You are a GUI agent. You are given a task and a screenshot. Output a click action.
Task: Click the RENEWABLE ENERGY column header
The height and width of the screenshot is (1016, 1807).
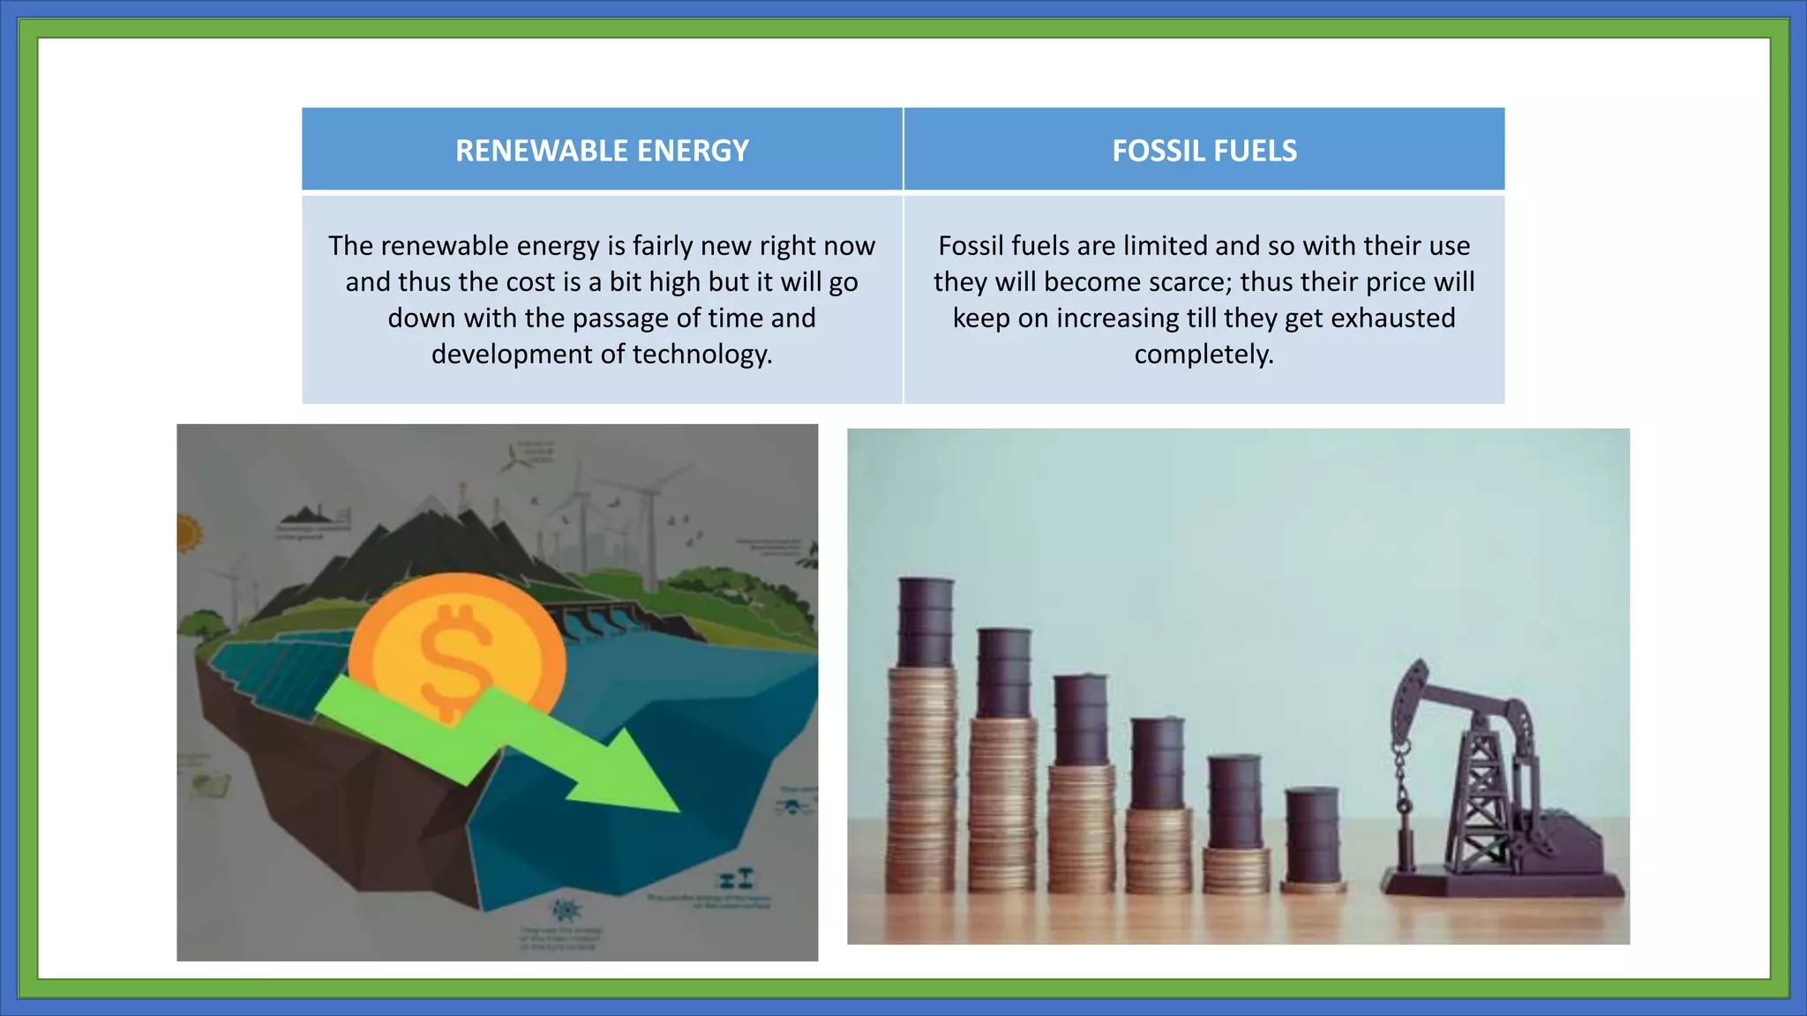(602, 151)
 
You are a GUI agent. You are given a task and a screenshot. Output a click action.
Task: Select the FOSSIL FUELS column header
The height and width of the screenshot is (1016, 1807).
(1204, 151)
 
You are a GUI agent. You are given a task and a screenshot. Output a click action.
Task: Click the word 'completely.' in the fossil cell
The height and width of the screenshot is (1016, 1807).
(1204, 355)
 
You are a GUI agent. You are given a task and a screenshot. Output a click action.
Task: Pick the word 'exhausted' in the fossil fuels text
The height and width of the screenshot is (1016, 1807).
(1393, 318)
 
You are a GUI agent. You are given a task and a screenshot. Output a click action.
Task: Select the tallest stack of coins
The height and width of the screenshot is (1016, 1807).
(922, 767)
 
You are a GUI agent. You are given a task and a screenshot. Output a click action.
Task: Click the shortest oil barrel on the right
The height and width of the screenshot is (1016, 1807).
(1313, 833)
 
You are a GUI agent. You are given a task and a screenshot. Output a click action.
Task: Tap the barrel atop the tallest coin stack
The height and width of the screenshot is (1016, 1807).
(926, 622)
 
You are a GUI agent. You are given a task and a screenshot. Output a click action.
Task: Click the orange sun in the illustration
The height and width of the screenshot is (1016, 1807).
(187, 534)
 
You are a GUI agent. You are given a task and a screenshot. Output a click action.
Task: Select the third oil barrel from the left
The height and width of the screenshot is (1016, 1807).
(1081, 719)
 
